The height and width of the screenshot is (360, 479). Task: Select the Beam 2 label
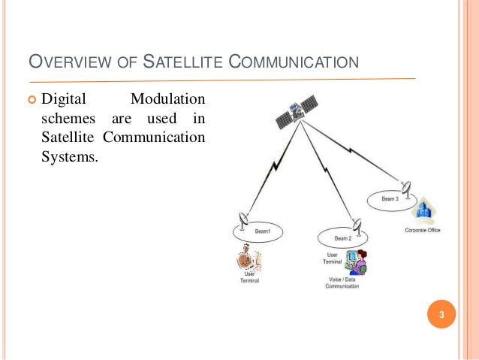(342, 238)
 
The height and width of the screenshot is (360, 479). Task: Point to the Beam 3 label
(390, 198)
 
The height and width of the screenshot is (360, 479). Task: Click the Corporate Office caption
(423, 230)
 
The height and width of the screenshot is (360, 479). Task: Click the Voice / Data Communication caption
(342, 283)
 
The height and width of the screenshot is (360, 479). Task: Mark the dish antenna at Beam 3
(406, 186)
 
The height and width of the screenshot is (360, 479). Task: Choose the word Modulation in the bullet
(169, 100)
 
